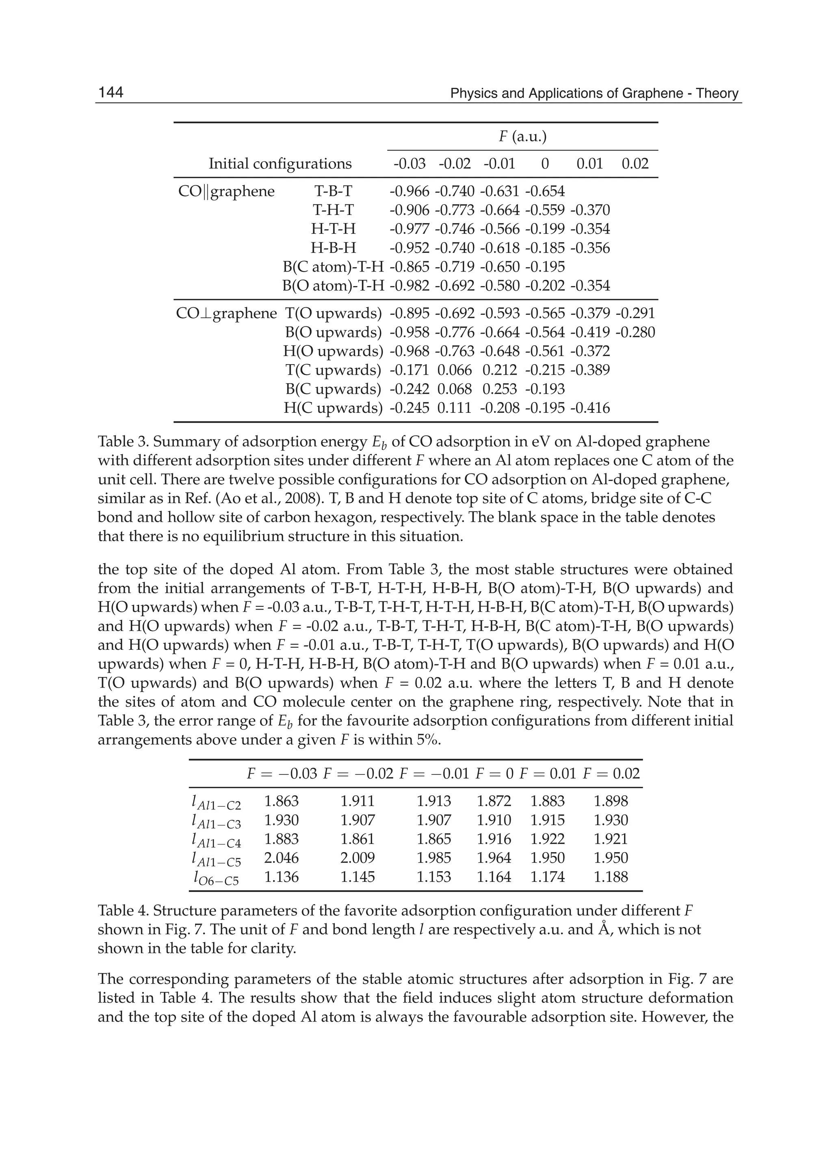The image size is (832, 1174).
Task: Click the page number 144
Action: pyautogui.click(x=110, y=93)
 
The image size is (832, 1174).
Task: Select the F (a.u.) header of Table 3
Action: pyautogui.click(x=522, y=137)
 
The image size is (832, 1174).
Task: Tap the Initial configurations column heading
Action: pyautogui.click(x=280, y=164)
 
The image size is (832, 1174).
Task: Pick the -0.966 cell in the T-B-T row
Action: pyautogui.click(x=409, y=192)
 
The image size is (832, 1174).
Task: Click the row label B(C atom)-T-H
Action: pyautogui.click(x=333, y=267)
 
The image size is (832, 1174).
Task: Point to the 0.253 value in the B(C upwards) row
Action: pyautogui.click(x=500, y=389)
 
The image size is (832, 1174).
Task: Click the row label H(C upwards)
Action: pyautogui.click(x=333, y=408)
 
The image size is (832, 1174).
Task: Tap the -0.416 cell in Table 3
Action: pyautogui.click(x=590, y=408)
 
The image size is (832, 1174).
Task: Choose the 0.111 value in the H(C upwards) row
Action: pyautogui.click(x=455, y=408)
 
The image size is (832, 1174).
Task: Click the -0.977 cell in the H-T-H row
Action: pyautogui.click(x=409, y=229)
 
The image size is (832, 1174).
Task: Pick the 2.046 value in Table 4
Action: pyautogui.click(x=281, y=858)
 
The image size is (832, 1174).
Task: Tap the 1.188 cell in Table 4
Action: pyautogui.click(x=611, y=877)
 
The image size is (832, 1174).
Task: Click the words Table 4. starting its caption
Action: pyautogui.click(x=123, y=911)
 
